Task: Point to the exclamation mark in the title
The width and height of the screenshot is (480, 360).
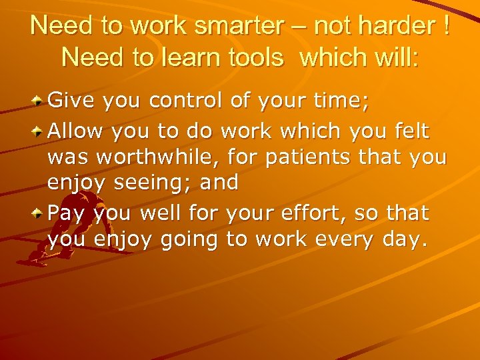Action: pos(443,27)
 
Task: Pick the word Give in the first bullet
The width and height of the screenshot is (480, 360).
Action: pos(71,101)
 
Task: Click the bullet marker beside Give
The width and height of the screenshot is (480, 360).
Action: pos(39,101)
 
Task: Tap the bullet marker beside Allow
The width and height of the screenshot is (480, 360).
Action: pos(39,132)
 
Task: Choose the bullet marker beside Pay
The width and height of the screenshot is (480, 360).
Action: pos(39,214)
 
